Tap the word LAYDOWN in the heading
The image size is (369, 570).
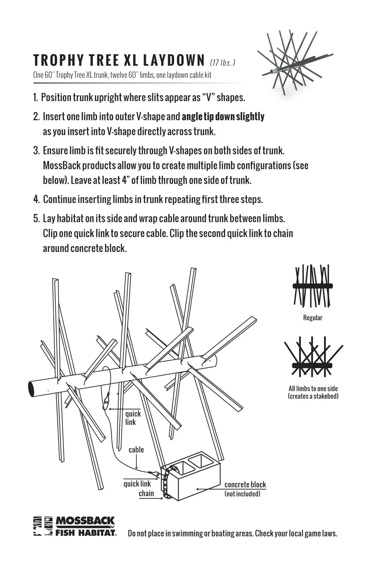point(174,60)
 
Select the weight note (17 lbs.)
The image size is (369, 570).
point(222,63)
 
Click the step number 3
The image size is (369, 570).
point(36,151)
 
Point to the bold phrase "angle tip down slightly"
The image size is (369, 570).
point(223,117)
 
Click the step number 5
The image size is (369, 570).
point(36,219)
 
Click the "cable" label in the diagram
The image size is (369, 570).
point(136,450)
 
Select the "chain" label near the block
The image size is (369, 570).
point(146,493)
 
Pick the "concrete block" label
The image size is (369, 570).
point(245,484)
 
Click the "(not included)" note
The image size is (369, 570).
point(242,494)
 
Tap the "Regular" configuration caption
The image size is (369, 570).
point(313,318)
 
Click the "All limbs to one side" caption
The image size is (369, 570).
point(313,389)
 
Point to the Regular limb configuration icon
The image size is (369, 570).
point(313,286)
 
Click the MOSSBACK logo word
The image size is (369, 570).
point(85,521)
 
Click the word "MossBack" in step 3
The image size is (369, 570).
point(62,166)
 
